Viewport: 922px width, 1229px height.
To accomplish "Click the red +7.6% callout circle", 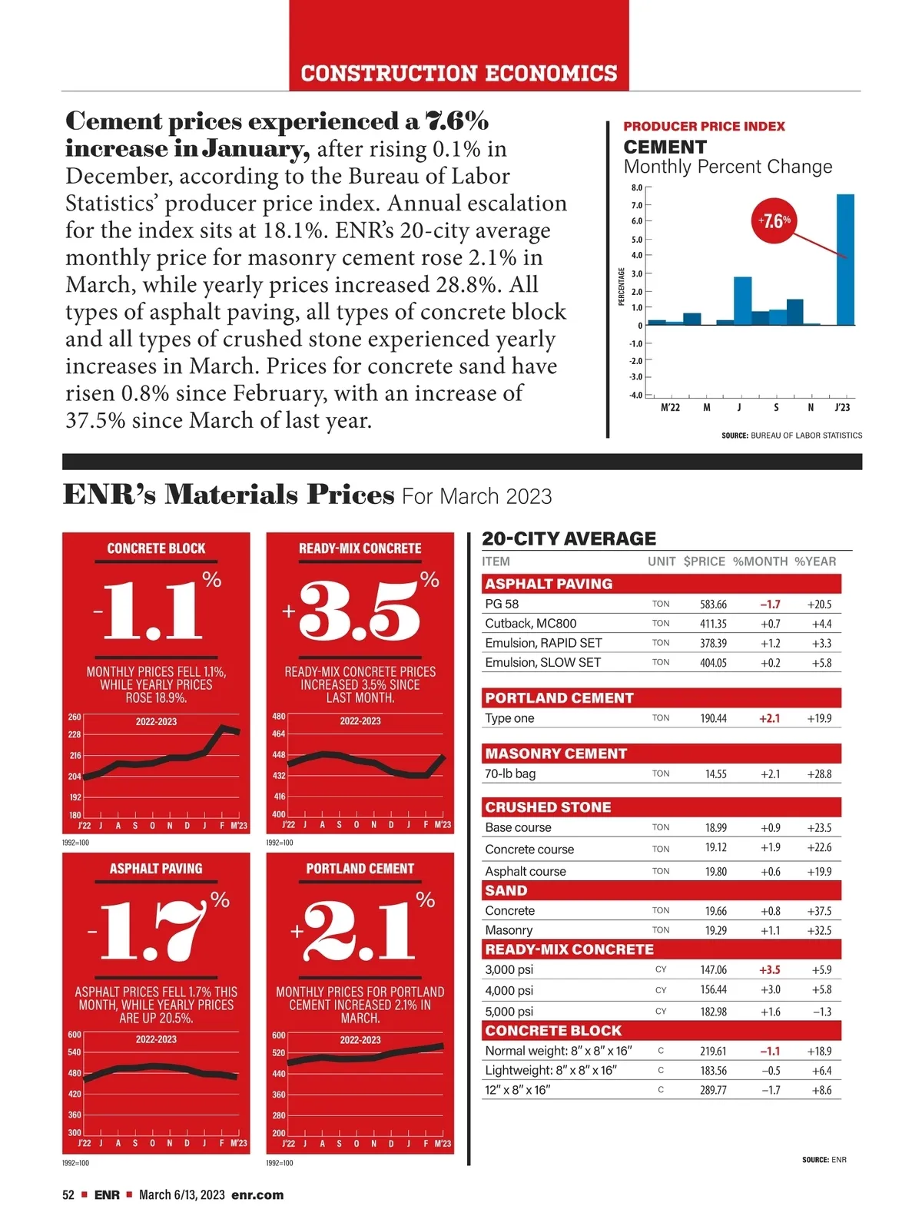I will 773,221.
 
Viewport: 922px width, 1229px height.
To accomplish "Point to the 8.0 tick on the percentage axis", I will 637,187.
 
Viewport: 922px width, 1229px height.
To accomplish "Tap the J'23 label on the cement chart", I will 842,408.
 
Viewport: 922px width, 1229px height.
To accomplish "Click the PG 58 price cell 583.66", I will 713,605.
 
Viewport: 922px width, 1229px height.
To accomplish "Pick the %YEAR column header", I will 815,561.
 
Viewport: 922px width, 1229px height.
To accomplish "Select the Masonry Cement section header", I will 556,754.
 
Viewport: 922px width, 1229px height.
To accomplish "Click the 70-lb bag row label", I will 510,774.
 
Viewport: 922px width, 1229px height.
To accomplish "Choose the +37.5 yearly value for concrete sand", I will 819,911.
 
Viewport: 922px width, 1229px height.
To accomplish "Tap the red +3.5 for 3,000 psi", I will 769,970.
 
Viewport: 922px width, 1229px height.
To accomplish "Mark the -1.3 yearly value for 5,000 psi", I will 821,1012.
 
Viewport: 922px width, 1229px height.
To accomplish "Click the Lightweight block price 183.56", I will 713,1071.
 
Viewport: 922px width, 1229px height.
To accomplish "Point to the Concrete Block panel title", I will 156,548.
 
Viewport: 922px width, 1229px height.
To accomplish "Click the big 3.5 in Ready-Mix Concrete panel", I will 360,611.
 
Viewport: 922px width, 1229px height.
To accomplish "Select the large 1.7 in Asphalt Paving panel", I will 154,931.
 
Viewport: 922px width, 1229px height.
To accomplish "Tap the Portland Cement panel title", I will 360,869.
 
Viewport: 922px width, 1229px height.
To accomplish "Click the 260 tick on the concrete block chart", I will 75,717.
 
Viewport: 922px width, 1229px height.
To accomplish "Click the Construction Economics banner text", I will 459,74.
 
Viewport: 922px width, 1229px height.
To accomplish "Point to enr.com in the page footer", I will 257,1194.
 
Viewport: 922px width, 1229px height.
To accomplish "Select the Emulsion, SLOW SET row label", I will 542,662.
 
